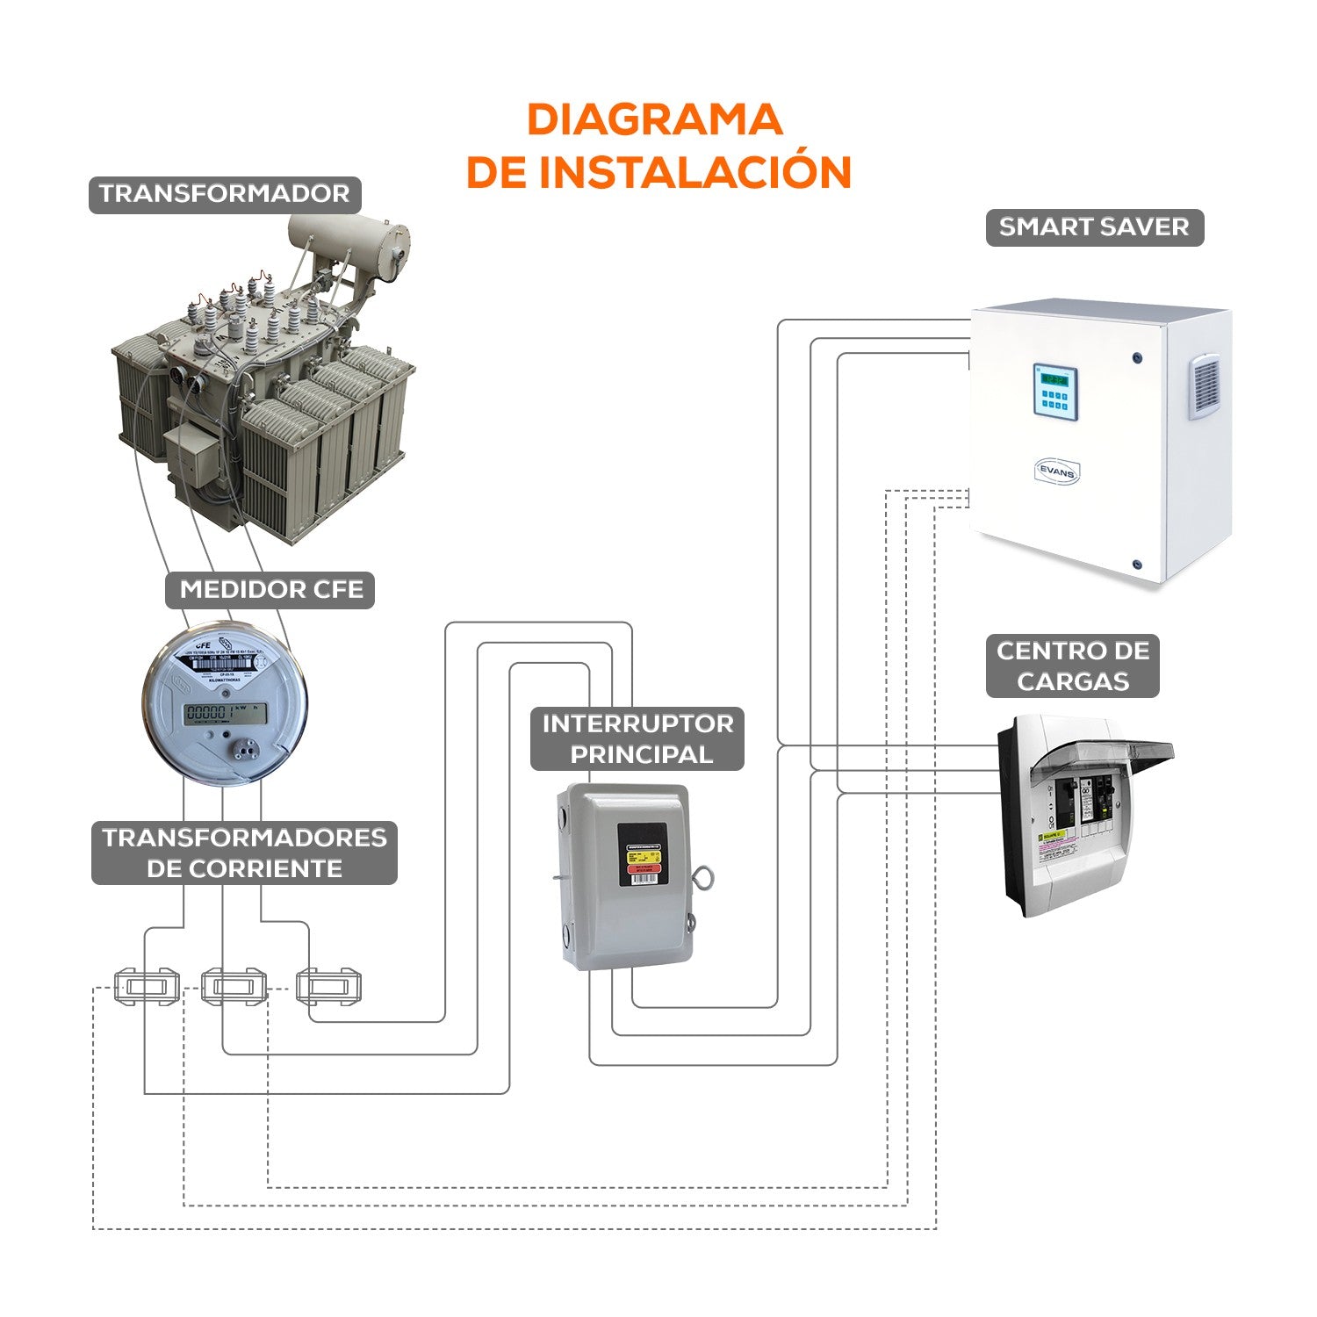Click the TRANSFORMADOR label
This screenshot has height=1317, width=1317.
coord(225,194)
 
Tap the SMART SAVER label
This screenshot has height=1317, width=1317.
coord(1094,227)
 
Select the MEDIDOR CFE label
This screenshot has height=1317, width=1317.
coord(270,589)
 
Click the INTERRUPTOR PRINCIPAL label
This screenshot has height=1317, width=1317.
coord(637,738)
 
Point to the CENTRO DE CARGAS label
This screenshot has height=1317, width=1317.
coord(1072,666)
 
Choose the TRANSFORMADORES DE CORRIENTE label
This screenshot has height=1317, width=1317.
coord(244,853)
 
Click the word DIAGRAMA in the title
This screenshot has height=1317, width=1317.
coord(654,120)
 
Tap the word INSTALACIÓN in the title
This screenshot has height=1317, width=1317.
coord(694,172)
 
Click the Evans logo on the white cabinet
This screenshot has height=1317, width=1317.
coord(1056,471)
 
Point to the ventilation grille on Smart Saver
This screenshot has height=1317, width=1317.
coord(1205,385)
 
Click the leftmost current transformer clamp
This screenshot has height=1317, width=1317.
coord(147,986)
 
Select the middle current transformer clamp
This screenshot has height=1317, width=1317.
coord(233,986)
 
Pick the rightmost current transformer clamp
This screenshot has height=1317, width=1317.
coord(328,986)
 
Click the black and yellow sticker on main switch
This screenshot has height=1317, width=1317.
coord(642,854)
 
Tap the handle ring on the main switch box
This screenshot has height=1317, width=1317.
coord(702,878)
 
